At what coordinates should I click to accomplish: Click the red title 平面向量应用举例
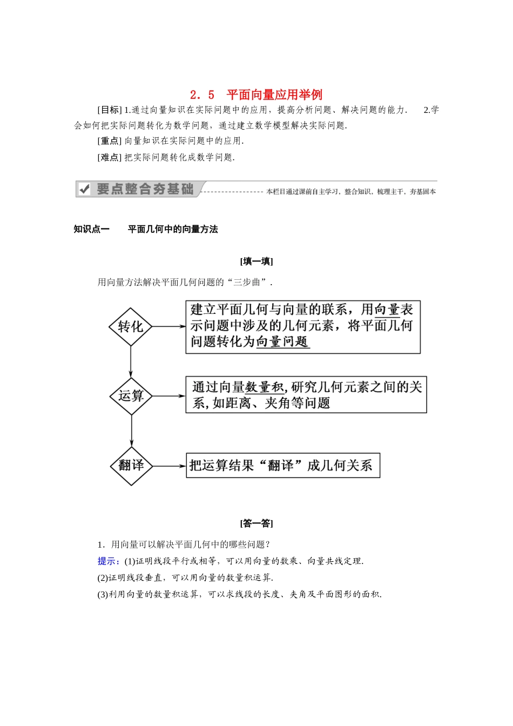click(x=274, y=95)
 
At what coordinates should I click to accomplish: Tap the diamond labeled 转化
click(x=131, y=326)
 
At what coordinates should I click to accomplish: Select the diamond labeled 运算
click(x=131, y=396)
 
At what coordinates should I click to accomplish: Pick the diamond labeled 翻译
click(x=131, y=466)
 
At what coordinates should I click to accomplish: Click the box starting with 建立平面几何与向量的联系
click(x=303, y=327)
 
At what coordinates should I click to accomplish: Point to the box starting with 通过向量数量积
click(x=306, y=395)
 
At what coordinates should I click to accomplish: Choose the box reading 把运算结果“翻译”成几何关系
click(x=283, y=466)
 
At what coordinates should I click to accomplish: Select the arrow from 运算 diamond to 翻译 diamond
click(x=131, y=431)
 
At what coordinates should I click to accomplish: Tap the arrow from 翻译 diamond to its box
click(x=169, y=466)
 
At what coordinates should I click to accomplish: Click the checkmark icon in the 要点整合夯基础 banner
click(x=84, y=189)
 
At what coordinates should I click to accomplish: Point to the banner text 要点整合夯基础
click(x=145, y=189)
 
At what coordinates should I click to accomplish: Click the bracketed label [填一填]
click(x=256, y=261)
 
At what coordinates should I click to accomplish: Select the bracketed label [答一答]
click(x=256, y=523)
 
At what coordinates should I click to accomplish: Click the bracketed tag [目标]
click(x=110, y=110)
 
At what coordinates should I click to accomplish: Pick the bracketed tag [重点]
click(x=110, y=141)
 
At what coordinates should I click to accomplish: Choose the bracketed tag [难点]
click(x=110, y=157)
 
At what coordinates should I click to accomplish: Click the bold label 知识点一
click(x=92, y=229)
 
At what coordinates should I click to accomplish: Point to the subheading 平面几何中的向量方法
click(x=173, y=229)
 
